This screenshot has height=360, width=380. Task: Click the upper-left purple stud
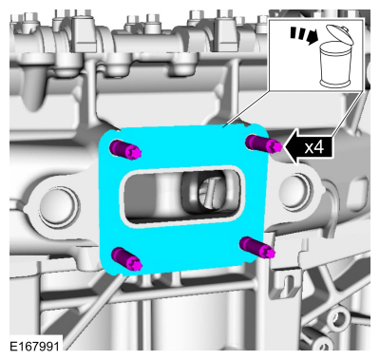pyautogui.click(x=128, y=149)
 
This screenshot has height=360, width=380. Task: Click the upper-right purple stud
pyautogui.click(x=261, y=144)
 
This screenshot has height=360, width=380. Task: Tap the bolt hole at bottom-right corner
pyautogui.click(x=337, y=337)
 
